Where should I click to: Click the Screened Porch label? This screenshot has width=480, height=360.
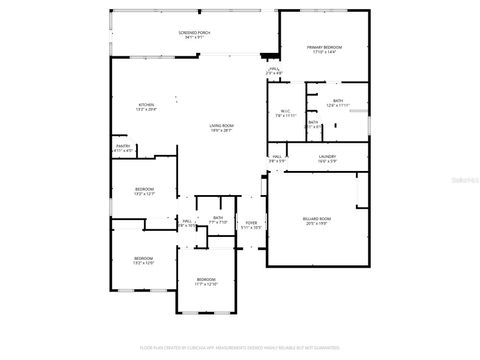(x=194, y=33)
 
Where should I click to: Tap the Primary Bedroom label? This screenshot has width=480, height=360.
(x=324, y=47)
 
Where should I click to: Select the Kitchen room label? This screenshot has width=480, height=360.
(x=146, y=105)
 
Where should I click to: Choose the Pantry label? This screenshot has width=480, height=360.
(x=123, y=146)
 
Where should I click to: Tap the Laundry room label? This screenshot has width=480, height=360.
(x=326, y=155)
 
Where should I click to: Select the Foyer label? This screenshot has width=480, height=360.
(x=251, y=223)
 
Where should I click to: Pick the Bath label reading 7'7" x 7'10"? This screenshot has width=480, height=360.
(x=217, y=217)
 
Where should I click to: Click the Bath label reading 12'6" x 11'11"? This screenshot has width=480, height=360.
(x=338, y=100)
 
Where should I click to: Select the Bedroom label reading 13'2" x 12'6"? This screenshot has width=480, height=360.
(x=144, y=259)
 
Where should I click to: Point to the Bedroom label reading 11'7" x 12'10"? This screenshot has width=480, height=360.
(x=205, y=279)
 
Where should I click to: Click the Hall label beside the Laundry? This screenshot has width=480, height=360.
(x=276, y=155)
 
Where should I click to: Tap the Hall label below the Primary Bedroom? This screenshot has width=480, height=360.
(x=274, y=69)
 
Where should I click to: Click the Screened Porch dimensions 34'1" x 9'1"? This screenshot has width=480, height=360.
(x=194, y=38)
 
